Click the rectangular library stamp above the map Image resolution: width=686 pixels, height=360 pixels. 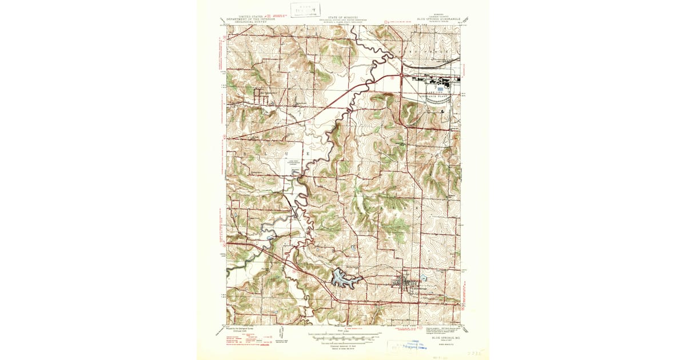(305, 10)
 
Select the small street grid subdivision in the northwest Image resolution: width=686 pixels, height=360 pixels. (264, 95)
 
